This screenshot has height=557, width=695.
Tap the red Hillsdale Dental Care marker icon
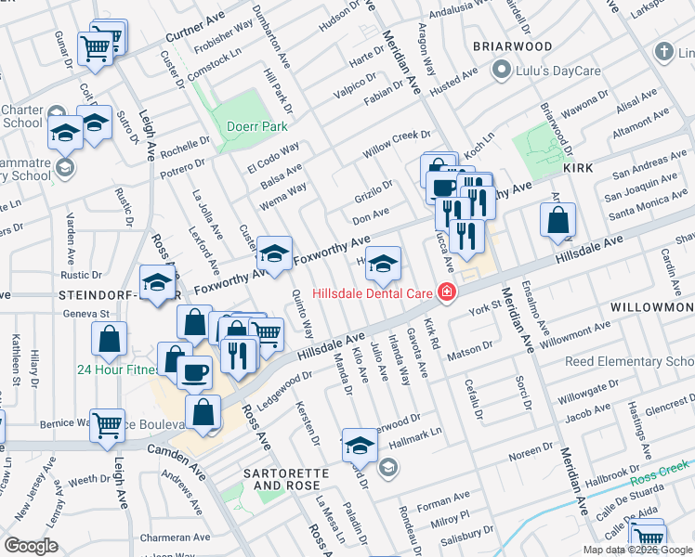tap(447, 292)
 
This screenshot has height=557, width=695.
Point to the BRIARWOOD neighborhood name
tap(512, 46)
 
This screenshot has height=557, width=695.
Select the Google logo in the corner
tap(31, 545)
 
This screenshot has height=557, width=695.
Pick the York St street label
tap(485, 308)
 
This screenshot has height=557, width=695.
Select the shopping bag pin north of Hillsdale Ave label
tap(557, 222)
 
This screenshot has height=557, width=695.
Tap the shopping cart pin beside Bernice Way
tap(108, 425)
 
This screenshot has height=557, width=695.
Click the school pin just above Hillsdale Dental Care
tap(382, 265)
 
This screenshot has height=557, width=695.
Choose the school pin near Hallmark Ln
tap(360, 445)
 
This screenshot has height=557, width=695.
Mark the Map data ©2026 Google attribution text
tap(637, 550)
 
